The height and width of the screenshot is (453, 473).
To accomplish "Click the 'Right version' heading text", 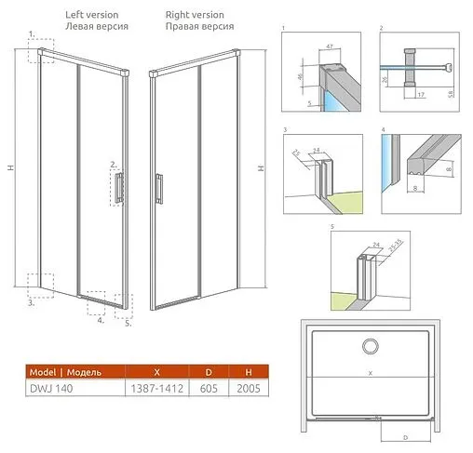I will pyautogui.click(x=195, y=15).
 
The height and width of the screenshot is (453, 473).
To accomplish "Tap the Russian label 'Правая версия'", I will pyautogui.click(x=199, y=27).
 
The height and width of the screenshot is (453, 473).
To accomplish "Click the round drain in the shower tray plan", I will pyautogui.click(x=370, y=346).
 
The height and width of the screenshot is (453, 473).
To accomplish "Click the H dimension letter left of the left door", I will pyautogui.click(x=10, y=167).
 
